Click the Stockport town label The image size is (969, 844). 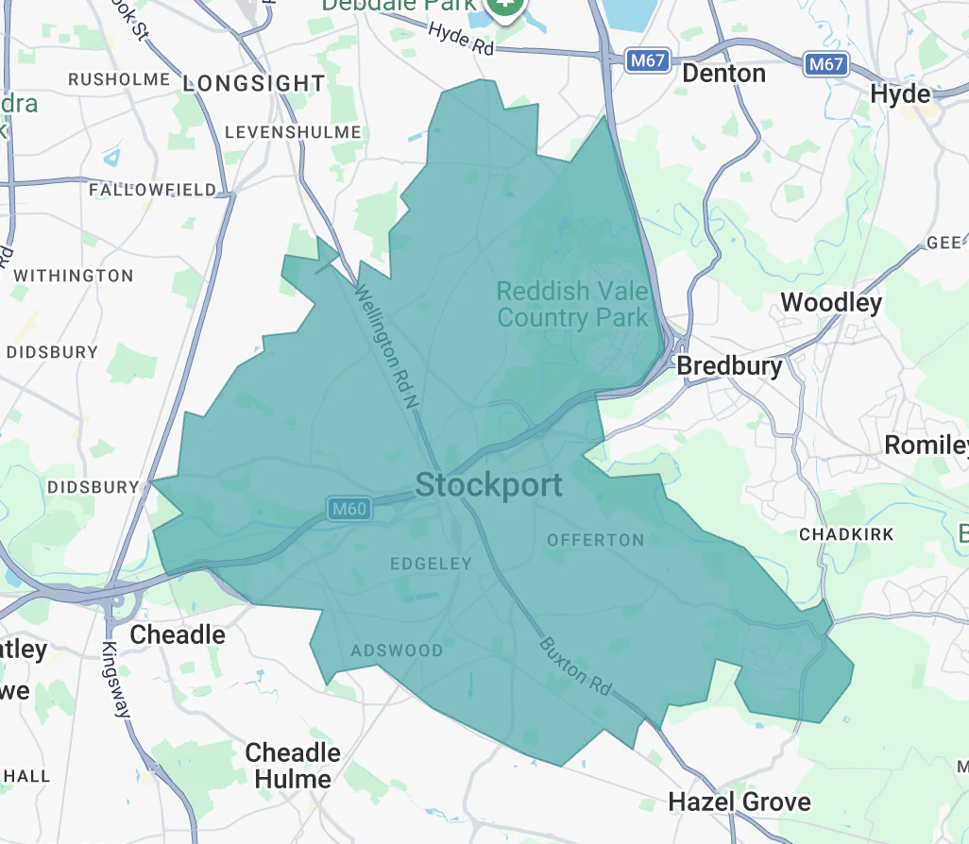coord(488,485)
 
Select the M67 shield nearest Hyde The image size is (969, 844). coord(826,64)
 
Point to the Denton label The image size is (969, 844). coord(723,73)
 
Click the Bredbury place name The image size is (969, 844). coord(730,365)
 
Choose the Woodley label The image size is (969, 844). coord(831,303)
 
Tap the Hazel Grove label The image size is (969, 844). coord(739,802)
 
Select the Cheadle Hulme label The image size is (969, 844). coord(293,766)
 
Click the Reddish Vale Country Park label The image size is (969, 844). coord(572,304)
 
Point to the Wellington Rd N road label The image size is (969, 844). coord(385,346)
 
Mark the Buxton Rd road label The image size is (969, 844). coord(576,667)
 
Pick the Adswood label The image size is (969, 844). coord(397,650)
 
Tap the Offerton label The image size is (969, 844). coord(596,540)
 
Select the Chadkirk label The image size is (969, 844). coord(846,534)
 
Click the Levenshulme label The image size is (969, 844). coord(293,132)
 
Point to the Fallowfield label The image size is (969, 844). coord(152,190)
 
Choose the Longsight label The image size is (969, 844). coord(253,84)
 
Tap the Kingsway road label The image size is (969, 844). coord(117,680)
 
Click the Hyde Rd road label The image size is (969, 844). coord(461,38)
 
